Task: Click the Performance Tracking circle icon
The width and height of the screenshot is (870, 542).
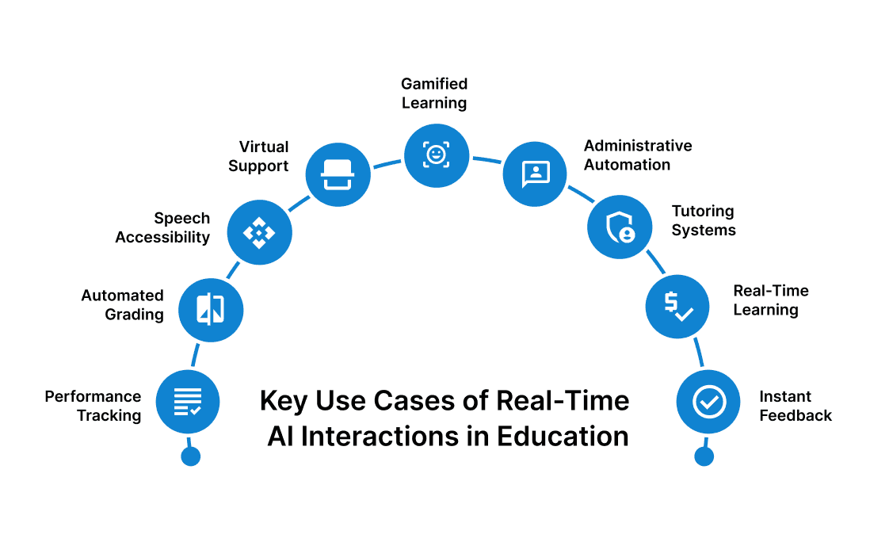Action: click(x=188, y=402)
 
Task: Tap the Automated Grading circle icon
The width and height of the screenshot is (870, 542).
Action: click(x=210, y=310)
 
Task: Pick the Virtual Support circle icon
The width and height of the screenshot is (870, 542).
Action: click(x=338, y=174)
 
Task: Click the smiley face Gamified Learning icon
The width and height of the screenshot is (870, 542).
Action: click(x=436, y=155)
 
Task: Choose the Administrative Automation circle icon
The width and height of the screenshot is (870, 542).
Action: click(x=536, y=174)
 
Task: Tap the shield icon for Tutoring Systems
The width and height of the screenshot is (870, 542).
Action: click(x=620, y=227)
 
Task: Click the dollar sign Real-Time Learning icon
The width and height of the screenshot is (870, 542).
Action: click(x=677, y=306)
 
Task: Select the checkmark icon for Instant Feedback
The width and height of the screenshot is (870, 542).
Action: click(x=708, y=402)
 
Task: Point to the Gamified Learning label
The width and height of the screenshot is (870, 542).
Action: click(x=434, y=94)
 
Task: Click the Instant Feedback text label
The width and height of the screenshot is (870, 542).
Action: click(x=795, y=406)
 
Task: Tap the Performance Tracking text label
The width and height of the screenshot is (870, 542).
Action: click(x=93, y=406)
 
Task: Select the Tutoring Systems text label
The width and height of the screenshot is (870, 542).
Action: click(x=704, y=221)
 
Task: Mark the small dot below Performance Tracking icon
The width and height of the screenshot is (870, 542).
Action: click(x=190, y=456)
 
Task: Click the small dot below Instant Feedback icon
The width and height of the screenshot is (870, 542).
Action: click(x=704, y=456)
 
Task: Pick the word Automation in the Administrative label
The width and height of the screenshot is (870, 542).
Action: click(x=627, y=165)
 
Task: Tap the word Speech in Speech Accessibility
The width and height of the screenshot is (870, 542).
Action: click(x=182, y=218)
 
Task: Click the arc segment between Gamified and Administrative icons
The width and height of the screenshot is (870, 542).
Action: click(x=486, y=159)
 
